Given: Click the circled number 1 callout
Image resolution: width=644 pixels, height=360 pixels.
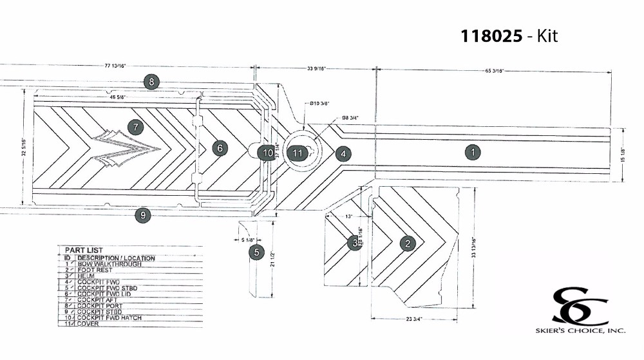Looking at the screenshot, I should [473, 153].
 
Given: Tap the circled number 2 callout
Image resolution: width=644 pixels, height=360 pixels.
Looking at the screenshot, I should [407, 243].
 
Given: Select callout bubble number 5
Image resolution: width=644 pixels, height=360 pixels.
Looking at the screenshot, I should [256, 252].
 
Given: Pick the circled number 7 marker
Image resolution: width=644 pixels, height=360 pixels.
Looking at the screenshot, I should [135, 127].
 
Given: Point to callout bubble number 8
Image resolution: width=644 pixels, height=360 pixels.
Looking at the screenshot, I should [151, 82].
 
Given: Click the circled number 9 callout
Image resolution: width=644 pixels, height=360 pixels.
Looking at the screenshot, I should [143, 216].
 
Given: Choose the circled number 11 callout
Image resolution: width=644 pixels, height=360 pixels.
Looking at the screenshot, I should [297, 153].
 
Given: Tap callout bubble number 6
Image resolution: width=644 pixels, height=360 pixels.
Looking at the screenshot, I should [220, 148].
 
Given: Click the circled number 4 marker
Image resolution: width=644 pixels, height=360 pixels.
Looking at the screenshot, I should [343, 153].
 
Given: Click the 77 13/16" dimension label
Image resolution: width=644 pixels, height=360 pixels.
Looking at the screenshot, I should [115, 66].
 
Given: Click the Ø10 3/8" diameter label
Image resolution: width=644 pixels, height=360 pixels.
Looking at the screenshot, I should [319, 103].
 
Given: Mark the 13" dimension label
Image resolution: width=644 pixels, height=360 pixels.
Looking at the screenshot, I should [349, 216].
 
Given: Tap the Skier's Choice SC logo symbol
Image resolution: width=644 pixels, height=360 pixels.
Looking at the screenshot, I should [579, 307].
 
